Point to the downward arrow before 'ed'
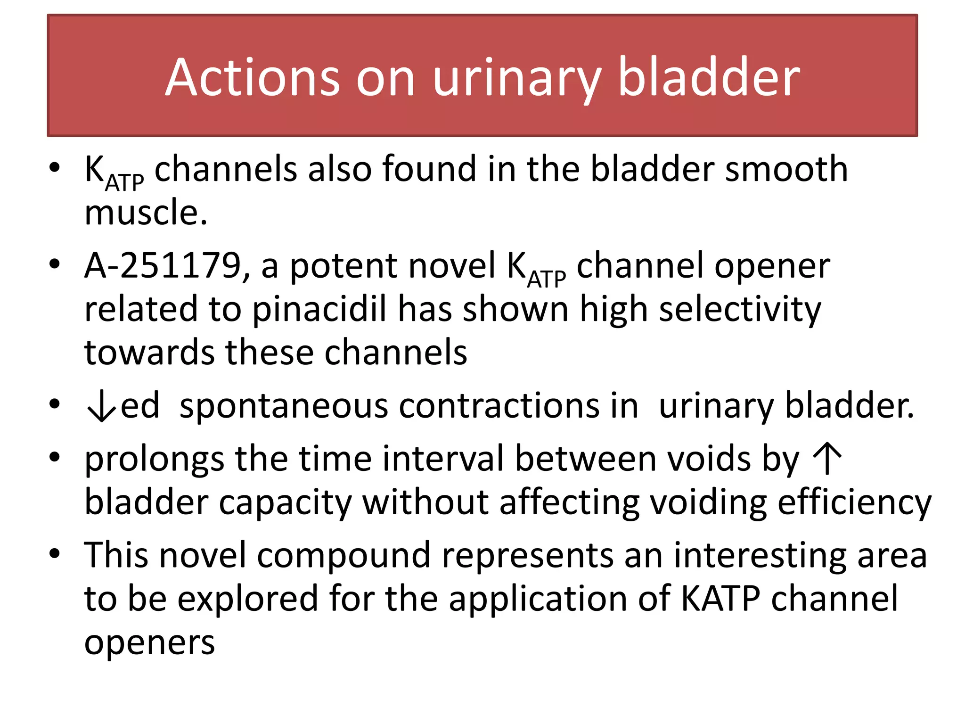coord(101,406)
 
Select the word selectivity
coord(740,310)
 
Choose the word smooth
coord(786,169)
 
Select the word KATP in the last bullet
coord(720,598)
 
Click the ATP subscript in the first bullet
coord(124,183)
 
